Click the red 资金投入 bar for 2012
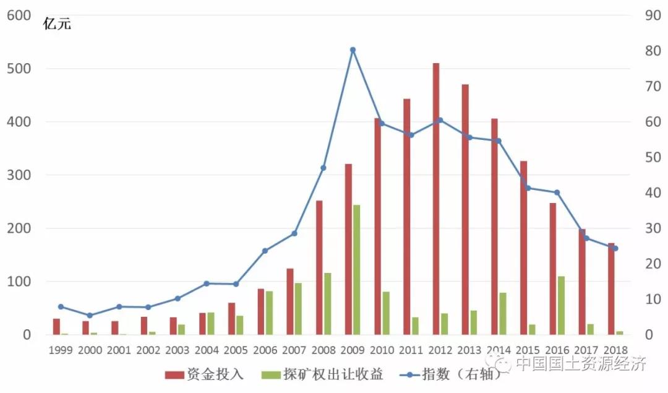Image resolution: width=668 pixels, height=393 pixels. click(x=436, y=198)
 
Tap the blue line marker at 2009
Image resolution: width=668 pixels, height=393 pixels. click(x=353, y=50)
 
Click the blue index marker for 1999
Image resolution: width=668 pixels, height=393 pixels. click(x=61, y=306)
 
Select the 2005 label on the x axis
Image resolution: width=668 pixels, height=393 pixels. click(x=236, y=350)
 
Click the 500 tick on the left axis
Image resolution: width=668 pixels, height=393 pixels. click(x=19, y=69)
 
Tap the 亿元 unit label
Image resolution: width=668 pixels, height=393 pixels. click(x=57, y=25)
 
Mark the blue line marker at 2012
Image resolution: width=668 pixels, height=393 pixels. click(x=440, y=120)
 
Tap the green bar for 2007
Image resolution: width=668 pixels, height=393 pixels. click(x=298, y=308)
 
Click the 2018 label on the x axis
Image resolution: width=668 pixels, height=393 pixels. click(x=615, y=350)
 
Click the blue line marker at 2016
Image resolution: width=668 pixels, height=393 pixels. click(x=557, y=192)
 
